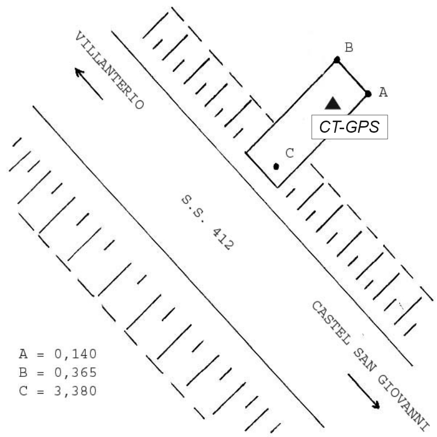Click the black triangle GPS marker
(x=333, y=103)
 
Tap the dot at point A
(x=368, y=94)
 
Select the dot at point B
(x=337, y=60)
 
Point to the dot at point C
(x=276, y=167)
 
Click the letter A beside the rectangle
(x=383, y=92)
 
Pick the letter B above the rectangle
(x=349, y=47)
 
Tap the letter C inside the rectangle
(x=290, y=153)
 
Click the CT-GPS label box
(x=350, y=127)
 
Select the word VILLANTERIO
(x=110, y=70)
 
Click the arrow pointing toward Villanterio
(x=89, y=84)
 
